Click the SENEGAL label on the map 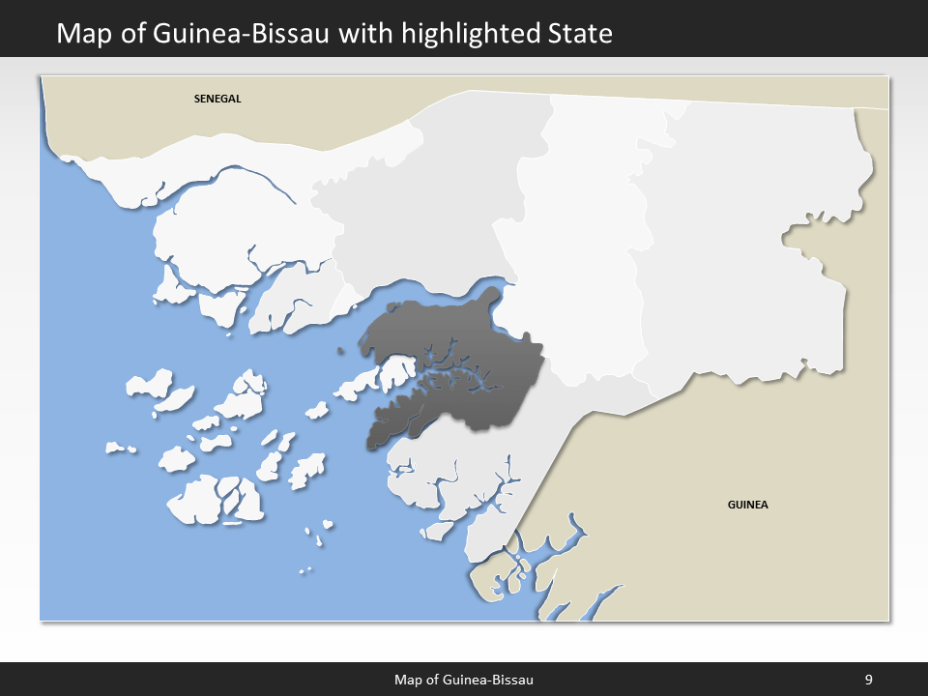pyautogui.click(x=217, y=99)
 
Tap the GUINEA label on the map pyautogui.click(x=747, y=505)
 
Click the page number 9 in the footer pyautogui.click(x=868, y=680)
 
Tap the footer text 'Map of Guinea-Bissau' pyautogui.click(x=464, y=680)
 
